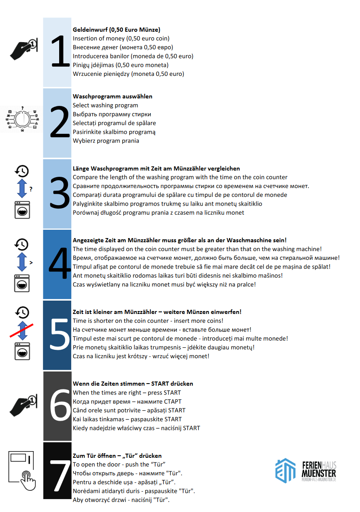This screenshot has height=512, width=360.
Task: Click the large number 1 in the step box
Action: coord(60,52)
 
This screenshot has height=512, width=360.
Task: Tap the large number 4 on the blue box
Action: coord(60,264)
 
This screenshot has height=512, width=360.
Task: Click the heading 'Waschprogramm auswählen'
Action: coord(112,96)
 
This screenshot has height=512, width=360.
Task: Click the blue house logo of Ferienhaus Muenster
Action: coord(285,470)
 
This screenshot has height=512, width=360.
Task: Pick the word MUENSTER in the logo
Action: coord(319,473)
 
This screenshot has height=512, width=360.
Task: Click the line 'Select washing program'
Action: coord(105,105)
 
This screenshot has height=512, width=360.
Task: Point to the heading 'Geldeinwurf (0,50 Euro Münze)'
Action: coord(117,30)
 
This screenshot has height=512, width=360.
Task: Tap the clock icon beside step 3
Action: coord(22,171)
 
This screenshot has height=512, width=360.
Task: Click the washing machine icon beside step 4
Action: coord(22,282)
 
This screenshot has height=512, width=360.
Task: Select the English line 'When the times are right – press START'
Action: coord(127,392)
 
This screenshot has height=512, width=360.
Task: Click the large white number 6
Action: coord(60,406)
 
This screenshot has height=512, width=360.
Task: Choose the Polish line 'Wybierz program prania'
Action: coord(106,141)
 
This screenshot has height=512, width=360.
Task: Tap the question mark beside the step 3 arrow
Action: coord(31,189)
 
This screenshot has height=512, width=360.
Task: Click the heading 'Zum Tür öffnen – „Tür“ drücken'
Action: coord(117,456)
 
